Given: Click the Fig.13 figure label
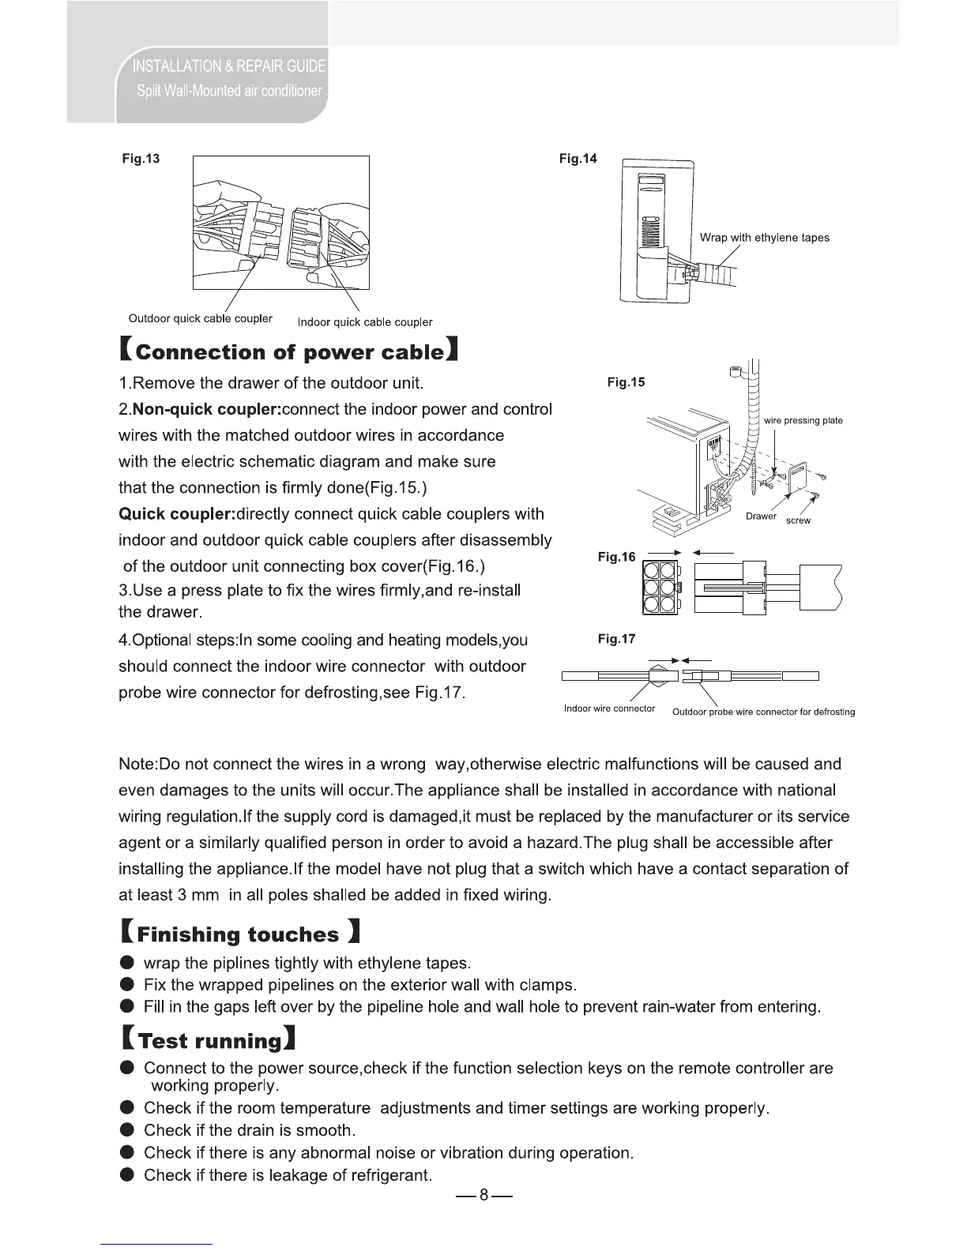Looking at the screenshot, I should [x=141, y=159].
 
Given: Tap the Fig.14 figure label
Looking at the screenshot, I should [x=578, y=159].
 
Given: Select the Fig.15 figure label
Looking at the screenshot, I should [x=626, y=382].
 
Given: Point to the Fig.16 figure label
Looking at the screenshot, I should [x=616, y=557].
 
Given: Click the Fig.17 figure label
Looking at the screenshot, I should [x=616, y=639].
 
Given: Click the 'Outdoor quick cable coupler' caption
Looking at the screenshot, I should [x=200, y=318].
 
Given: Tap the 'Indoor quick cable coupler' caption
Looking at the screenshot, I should [x=364, y=322].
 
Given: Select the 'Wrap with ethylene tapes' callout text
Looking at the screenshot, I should [x=764, y=238].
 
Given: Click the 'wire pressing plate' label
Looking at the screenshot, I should [x=803, y=421].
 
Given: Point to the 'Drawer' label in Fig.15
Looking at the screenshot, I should [x=761, y=517].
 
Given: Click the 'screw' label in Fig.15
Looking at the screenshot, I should [x=798, y=520].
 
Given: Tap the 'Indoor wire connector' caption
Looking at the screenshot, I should [x=609, y=708].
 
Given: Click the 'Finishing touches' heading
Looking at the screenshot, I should [x=239, y=934].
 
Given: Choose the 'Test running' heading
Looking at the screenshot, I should [x=209, y=1040].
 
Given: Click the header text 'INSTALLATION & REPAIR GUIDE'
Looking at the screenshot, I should [x=229, y=65].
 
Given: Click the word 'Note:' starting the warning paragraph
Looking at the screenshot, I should [x=138, y=764].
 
